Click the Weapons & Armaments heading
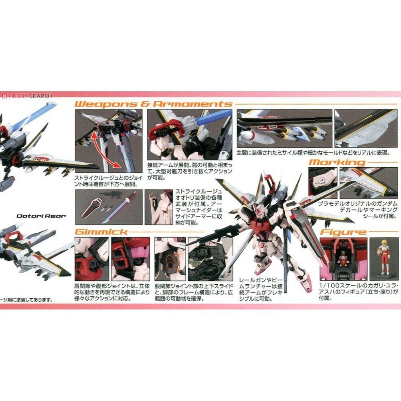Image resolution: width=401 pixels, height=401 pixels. coord(154,104)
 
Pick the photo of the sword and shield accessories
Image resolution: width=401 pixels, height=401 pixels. coord(109,207)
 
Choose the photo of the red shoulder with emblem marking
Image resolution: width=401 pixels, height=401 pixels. coord(323,182)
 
